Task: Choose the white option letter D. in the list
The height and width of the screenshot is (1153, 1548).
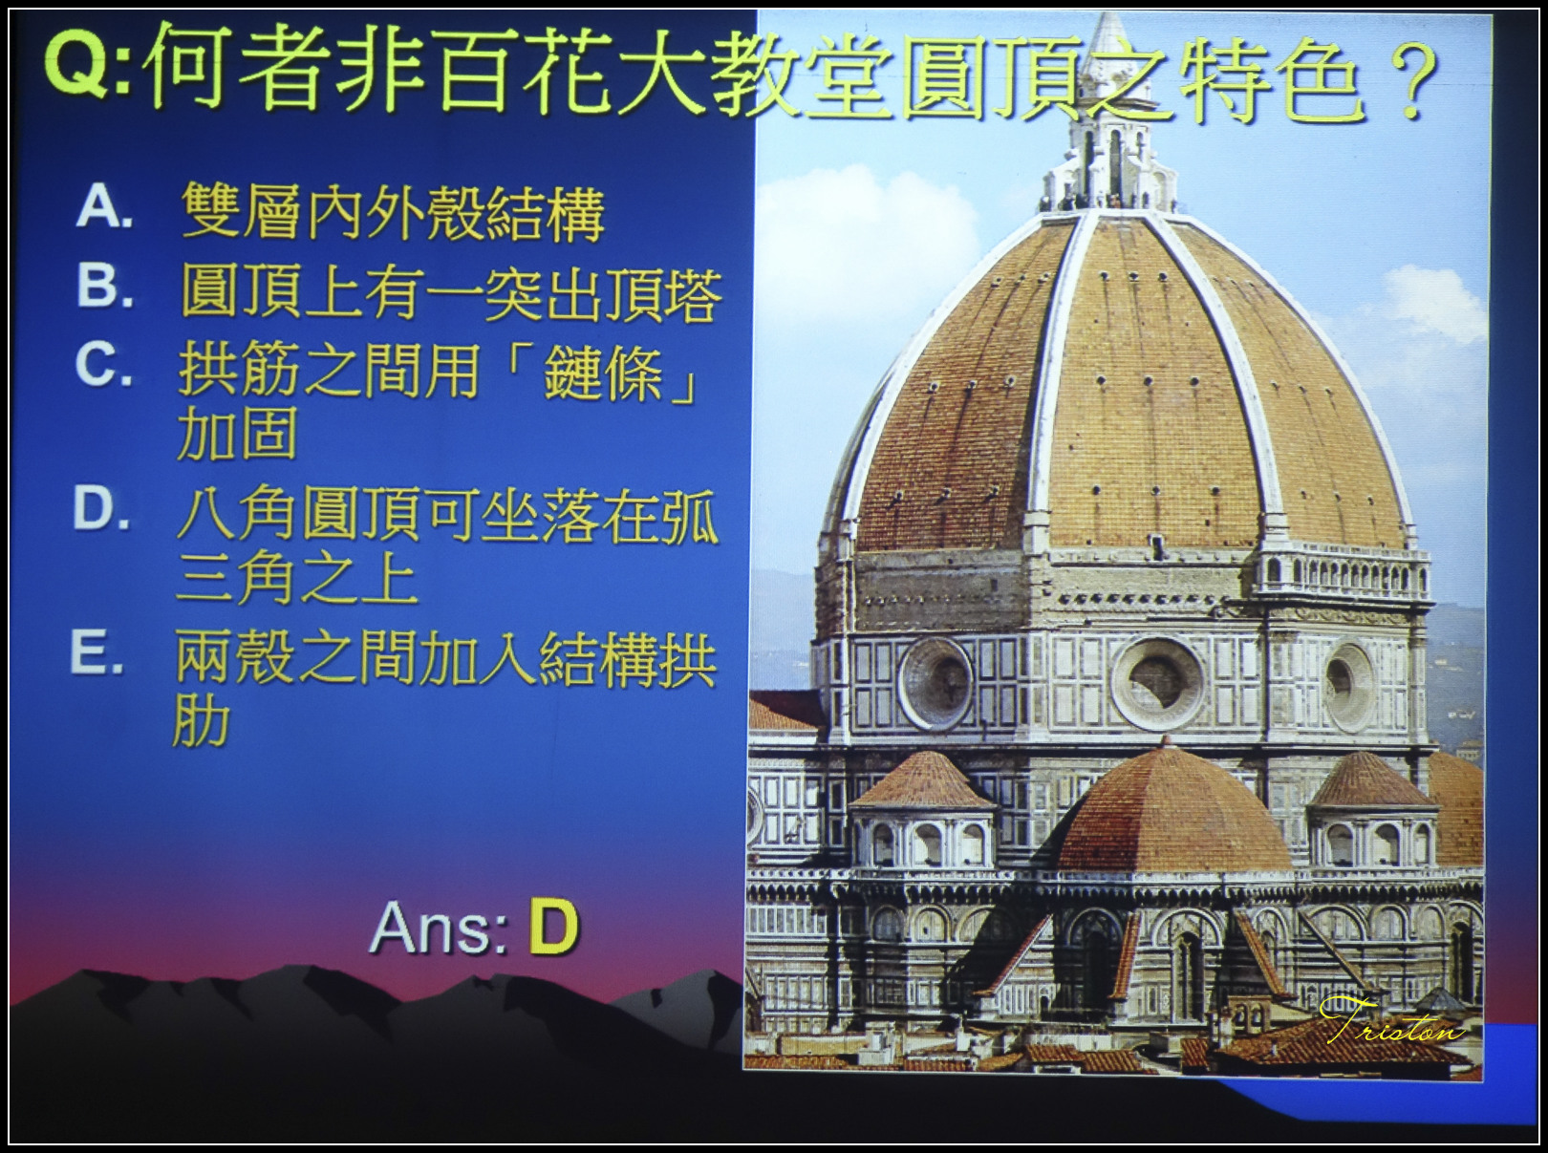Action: pos(101,509)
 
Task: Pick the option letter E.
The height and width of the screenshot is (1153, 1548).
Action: pos(97,653)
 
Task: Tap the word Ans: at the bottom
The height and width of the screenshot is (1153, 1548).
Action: pos(439,927)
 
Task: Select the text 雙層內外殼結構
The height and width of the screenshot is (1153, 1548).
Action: pos(393,212)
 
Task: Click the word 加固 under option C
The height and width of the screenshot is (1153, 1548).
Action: pos(237,433)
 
